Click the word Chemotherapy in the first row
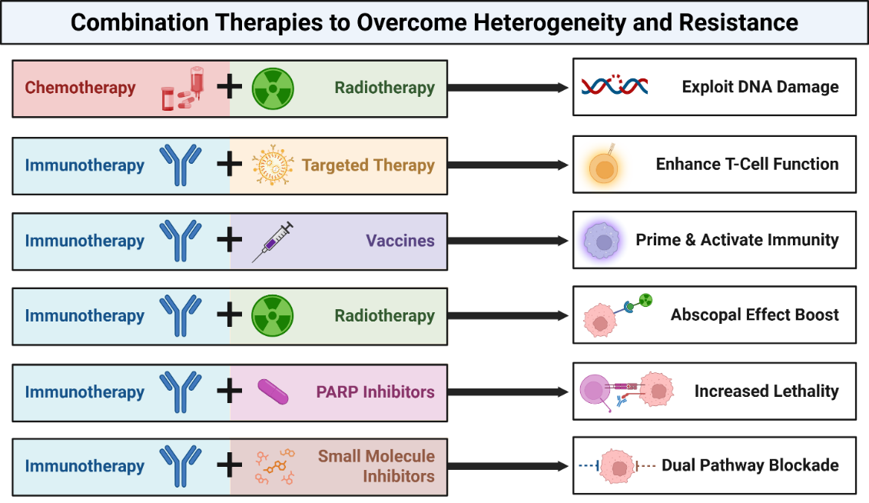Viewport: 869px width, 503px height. point(80,88)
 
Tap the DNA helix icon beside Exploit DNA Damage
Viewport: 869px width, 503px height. point(614,86)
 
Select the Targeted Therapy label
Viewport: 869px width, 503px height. point(368,165)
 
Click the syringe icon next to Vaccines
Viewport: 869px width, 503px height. point(273,242)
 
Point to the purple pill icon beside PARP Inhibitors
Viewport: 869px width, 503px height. point(273,391)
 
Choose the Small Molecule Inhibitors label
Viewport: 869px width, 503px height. point(376,466)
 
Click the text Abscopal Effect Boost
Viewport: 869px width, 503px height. point(755,315)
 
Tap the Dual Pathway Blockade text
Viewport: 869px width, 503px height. point(750,465)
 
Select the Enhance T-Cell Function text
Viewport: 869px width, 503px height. point(747,164)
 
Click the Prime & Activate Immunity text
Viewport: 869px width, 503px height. point(737,240)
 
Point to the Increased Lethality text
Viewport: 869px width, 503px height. point(766,391)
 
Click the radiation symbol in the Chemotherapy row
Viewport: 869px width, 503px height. point(274,88)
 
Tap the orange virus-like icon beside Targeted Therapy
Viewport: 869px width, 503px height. point(274,165)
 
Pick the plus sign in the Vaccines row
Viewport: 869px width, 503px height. point(229,241)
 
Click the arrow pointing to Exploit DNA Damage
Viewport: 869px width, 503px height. point(508,88)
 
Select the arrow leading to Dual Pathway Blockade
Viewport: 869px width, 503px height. point(508,466)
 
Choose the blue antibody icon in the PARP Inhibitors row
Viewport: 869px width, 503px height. point(181,391)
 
